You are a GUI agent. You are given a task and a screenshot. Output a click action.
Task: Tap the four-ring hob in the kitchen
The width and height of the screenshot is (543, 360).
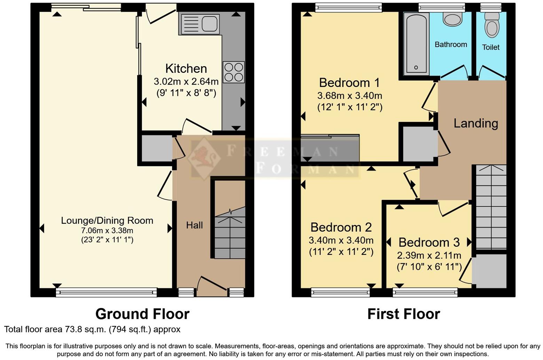234,72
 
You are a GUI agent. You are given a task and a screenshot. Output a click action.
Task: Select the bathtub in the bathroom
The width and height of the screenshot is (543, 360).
416,44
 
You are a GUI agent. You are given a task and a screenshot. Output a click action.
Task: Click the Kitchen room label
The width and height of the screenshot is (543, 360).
186,69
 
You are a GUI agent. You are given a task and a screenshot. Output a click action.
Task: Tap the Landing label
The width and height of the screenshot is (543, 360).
475,123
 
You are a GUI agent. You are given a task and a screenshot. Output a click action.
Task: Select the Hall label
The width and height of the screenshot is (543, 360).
194,225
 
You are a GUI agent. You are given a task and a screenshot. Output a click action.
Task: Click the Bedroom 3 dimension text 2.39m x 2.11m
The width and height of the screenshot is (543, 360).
429,256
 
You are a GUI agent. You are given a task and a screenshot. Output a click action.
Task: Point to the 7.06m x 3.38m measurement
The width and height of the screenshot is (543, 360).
107,230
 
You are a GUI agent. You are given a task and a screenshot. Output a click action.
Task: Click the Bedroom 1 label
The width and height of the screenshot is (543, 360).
349,83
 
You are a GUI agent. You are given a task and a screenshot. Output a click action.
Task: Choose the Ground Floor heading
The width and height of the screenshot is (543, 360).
142,314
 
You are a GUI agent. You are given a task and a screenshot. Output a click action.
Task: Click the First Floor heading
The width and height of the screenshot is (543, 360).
403,314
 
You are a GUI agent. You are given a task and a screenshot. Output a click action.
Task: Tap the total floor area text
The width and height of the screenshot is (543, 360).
92,329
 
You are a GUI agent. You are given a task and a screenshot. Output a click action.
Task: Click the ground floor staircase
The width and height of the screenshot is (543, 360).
229,233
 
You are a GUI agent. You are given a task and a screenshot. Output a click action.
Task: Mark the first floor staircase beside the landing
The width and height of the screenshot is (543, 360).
491,207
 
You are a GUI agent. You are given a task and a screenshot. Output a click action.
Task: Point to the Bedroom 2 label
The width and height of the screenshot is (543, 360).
341,227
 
